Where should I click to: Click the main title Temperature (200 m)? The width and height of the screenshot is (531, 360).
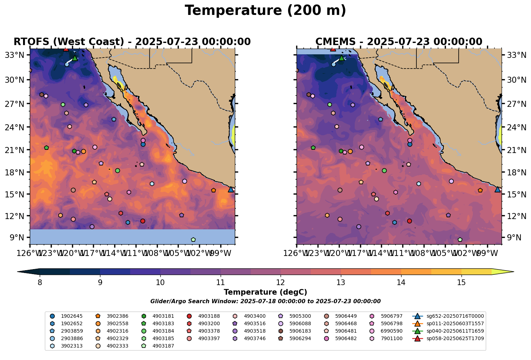(x=265, y=11)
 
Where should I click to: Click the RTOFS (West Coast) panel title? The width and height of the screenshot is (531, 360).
(x=132, y=42)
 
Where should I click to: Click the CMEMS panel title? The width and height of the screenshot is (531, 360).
(x=399, y=42)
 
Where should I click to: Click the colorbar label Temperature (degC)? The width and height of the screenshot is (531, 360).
(x=265, y=292)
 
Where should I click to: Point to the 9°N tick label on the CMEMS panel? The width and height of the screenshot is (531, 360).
(x=511, y=238)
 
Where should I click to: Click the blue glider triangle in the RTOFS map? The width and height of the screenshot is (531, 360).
(x=231, y=190)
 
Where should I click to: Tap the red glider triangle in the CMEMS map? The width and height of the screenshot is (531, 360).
(x=333, y=49)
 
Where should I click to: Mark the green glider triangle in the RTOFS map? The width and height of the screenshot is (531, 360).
(x=75, y=58)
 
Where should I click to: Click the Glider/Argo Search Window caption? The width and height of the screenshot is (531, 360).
(x=265, y=301)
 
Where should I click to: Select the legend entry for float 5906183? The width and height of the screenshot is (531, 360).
(x=300, y=331)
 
